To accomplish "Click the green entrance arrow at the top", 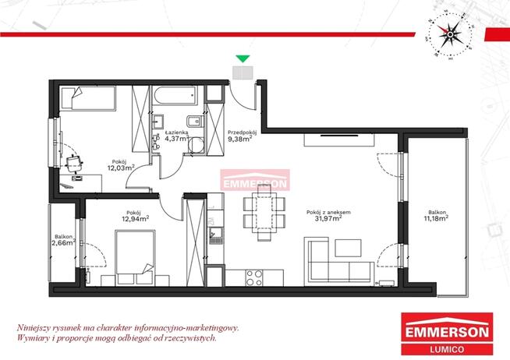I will (243, 58).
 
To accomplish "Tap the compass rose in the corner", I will (449, 34).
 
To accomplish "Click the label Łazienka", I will (175, 134).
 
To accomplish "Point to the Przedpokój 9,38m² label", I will (243, 137).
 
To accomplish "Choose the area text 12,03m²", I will (121, 167).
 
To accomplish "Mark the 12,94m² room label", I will (135, 217).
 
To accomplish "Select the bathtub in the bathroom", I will (179, 100).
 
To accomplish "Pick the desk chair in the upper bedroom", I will (76, 161).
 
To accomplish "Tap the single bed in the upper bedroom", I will (87, 100).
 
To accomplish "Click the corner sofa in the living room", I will (335, 260).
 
